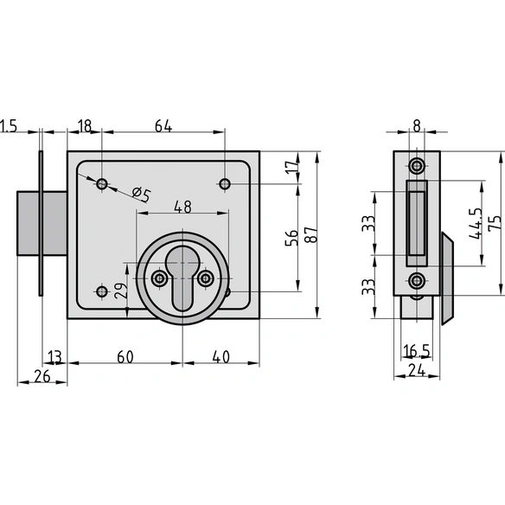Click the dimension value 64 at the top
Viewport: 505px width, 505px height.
163,125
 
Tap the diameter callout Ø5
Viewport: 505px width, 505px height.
142,195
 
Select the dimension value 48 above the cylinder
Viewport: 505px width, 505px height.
182,207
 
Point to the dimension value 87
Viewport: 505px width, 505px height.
311,234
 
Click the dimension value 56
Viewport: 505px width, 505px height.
291,238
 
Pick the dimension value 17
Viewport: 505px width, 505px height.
292,168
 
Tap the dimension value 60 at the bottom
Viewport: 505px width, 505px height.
125,357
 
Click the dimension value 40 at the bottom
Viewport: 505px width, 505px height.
221,357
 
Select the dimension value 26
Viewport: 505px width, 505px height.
42,376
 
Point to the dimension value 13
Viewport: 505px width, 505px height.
54,357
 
